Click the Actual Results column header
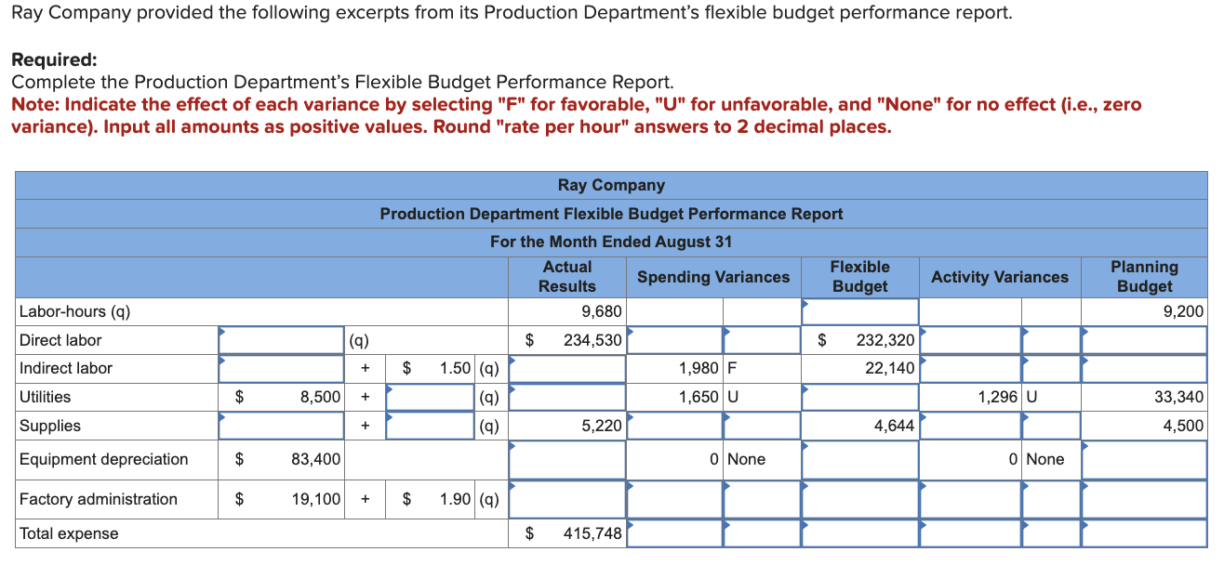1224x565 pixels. (x=566, y=277)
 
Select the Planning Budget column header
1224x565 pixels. (x=1144, y=277)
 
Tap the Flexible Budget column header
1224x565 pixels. (x=859, y=277)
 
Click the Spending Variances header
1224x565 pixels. (x=713, y=277)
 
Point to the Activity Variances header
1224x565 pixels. (x=1000, y=277)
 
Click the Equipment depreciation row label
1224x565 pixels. (x=104, y=459)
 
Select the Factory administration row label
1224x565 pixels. (x=99, y=499)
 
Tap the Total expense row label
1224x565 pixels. (x=70, y=533)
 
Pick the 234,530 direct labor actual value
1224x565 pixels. (x=592, y=340)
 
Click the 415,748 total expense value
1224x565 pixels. (x=592, y=533)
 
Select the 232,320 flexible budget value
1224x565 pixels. (x=885, y=340)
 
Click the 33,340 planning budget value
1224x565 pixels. (x=1178, y=397)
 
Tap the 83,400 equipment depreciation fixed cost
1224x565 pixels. (x=315, y=459)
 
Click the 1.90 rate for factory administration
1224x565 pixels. (x=456, y=499)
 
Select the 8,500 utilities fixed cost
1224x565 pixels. (x=320, y=397)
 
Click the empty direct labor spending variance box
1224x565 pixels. (x=674, y=340)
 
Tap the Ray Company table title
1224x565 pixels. (x=611, y=185)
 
